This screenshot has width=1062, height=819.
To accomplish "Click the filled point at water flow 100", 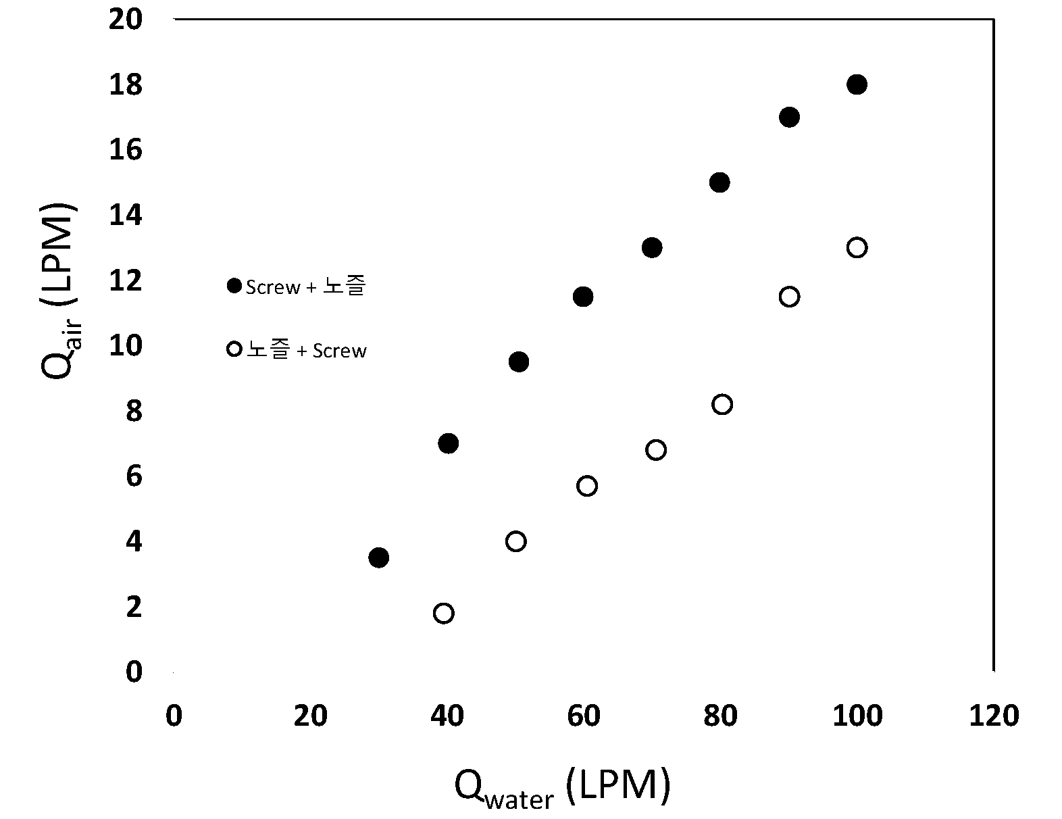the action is click(857, 84).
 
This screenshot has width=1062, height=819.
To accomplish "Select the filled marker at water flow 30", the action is click(379, 557).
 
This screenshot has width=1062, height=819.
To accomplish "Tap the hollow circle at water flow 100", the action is click(857, 248).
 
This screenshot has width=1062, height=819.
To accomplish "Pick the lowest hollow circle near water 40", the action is click(443, 614).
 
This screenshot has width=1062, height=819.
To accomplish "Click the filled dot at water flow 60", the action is click(583, 297).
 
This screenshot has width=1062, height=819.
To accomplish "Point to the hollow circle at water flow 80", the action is click(722, 405).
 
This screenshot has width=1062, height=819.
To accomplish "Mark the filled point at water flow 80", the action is click(719, 182).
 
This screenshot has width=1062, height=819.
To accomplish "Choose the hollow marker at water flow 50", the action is click(515, 541).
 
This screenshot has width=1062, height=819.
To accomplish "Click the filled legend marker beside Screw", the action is click(234, 286).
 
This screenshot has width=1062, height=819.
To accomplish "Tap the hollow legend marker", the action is click(234, 349).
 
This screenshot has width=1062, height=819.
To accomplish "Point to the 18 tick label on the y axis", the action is click(126, 84).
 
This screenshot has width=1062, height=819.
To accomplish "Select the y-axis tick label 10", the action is click(126, 345).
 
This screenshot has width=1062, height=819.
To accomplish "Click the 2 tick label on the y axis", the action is click(134, 607).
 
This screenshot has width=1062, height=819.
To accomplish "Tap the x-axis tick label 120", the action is click(994, 716).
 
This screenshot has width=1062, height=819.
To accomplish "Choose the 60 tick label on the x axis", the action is click(584, 716).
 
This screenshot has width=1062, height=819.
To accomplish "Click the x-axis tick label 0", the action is click(174, 716).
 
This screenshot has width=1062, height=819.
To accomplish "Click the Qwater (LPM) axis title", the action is click(563, 788).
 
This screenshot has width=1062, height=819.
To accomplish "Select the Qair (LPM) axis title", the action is click(59, 291).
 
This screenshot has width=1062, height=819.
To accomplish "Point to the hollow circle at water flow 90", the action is click(789, 297).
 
